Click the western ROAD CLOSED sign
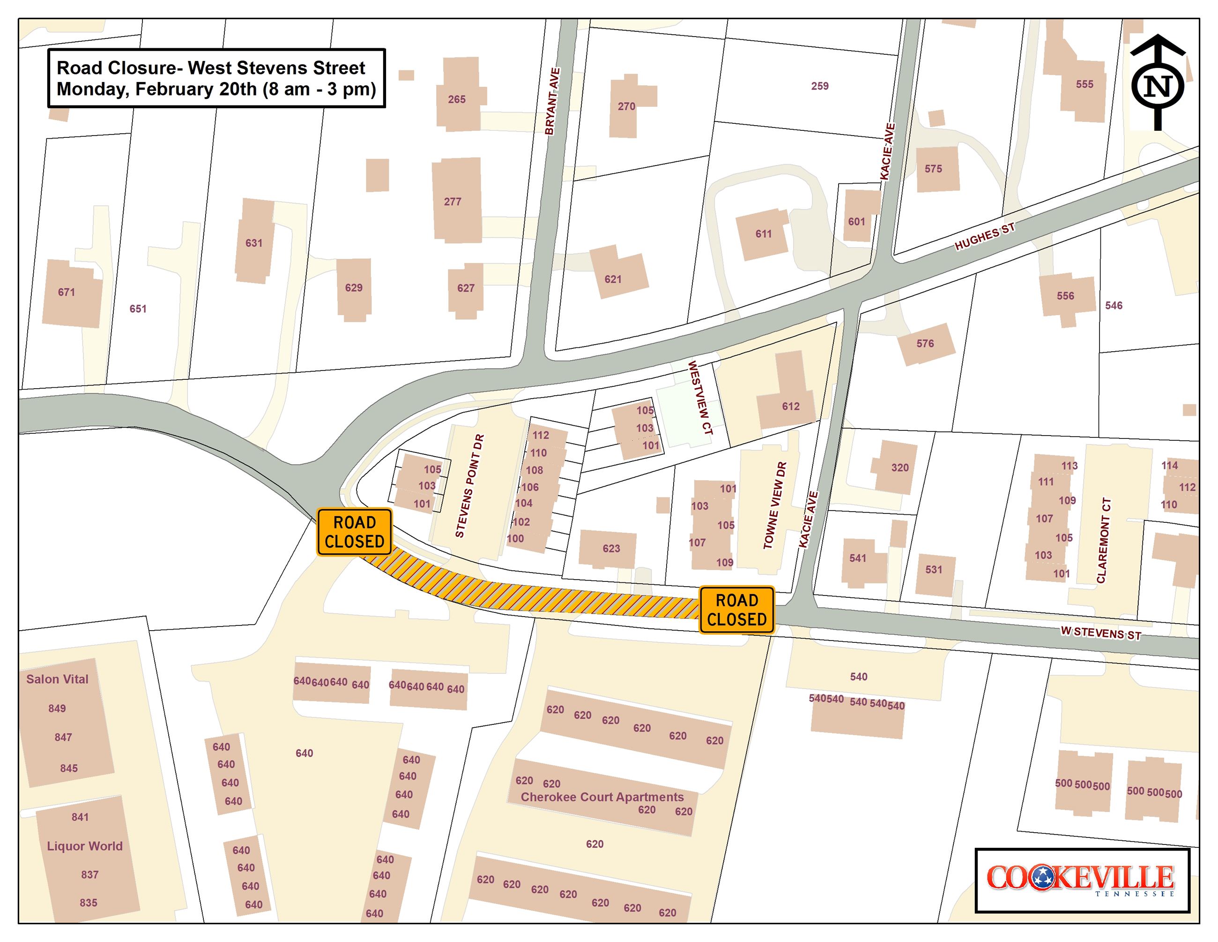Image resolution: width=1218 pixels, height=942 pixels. click(x=354, y=532)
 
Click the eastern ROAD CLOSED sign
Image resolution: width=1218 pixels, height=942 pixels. click(x=737, y=610)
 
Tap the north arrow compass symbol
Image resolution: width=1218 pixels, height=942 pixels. click(x=1158, y=84)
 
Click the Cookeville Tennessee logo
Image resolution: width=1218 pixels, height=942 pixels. click(x=1082, y=880)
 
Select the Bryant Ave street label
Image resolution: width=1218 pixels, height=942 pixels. click(x=552, y=101)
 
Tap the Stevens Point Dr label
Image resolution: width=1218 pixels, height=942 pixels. click(x=469, y=486)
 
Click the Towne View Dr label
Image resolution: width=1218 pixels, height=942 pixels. click(x=775, y=505)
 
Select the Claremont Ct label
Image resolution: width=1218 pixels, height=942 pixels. click(x=1104, y=540)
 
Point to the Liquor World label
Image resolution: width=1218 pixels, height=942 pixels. click(x=84, y=846)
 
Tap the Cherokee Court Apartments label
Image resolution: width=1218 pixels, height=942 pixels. click(x=602, y=797)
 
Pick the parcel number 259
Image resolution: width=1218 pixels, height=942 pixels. click(x=819, y=86)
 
